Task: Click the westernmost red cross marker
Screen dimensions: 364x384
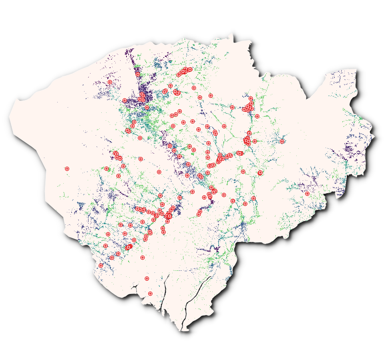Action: pyautogui.click(x=67, y=169)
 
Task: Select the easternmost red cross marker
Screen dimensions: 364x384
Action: pyautogui.click(x=307, y=194)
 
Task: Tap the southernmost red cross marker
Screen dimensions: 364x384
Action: pyautogui.click(x=150, y=294)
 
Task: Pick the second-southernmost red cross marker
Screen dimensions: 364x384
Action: pyautogui.click(x=147, y=278)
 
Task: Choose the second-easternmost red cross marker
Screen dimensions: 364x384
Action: pyautogui.click(x=282, y=141)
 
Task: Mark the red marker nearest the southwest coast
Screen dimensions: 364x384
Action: pyautogui.click(x=101, y=265)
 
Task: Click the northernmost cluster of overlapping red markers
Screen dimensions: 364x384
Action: pyautogui.click(x=185, y=71)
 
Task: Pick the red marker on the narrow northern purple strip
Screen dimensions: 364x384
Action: pyautogui.click(x=138, y=74)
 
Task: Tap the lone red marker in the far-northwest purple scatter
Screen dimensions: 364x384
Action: pyautogui.click(x=110, y=82)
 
